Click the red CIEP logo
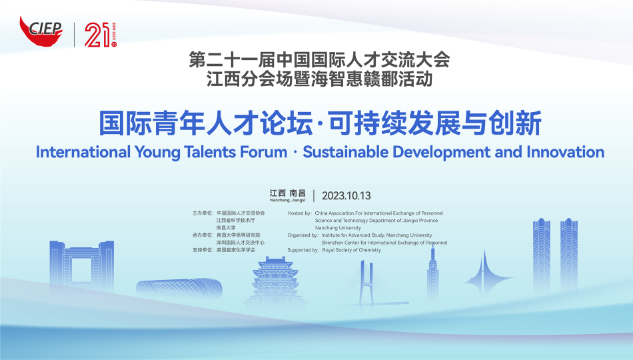point(41,31)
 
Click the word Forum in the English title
point(264,152)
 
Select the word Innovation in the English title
point(565,152)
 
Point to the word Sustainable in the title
point(346,152)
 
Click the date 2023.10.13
point(346,196)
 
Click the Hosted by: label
point(300,213)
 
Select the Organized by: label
point(303,235)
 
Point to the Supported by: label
point(303,250)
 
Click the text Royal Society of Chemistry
point(352,250)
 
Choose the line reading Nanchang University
point(338,228)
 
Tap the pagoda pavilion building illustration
point(276,281)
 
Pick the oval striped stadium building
point(179,289)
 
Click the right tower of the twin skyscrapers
point(569,254)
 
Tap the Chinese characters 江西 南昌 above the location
point(288,193)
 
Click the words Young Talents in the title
point(185,153)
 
